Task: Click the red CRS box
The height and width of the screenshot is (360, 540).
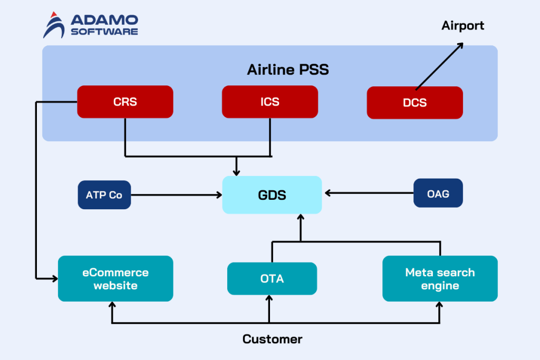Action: pyautogui.click(x=125, y=102)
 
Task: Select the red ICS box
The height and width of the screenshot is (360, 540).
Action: pyautogui.click(x=269, y=102)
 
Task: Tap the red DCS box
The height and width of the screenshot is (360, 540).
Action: pyautogui.click(x=414, y=102)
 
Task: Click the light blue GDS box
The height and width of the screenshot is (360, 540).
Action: pyautogui.click(x=272, y=195)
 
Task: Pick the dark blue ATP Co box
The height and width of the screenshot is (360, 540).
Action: pyautogui.click(x=104, y=195)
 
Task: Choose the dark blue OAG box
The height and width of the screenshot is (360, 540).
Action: pyautogui.click(x=438, y=193)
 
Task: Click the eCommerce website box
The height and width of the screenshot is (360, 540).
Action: pyautogui.click(x=115, y=279)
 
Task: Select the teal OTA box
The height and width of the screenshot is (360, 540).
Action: pyautogui.click(x=272, y=278)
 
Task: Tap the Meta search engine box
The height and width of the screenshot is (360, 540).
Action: pyautogui.click(x=440, y=279)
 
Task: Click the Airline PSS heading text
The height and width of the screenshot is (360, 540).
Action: pyautogui.click(x=288, y=70)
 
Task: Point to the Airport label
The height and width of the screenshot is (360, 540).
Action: pyautogui.click(x=462, y=25)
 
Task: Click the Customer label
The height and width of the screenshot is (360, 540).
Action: pyautogui.click(x=272, y=339)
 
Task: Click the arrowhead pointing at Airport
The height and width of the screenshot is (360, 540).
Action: pyautogui.click(x=459, y=46)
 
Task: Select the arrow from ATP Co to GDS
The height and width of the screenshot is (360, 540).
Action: pyautogui.click(x=176, y=195)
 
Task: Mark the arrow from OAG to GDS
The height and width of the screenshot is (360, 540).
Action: pyautogui.click(x=369, y=193)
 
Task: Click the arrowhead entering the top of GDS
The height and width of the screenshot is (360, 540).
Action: pyautogui.click(x=237, y=172)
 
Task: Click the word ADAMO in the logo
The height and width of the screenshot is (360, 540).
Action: pyautogui.click(x=104, y=20)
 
